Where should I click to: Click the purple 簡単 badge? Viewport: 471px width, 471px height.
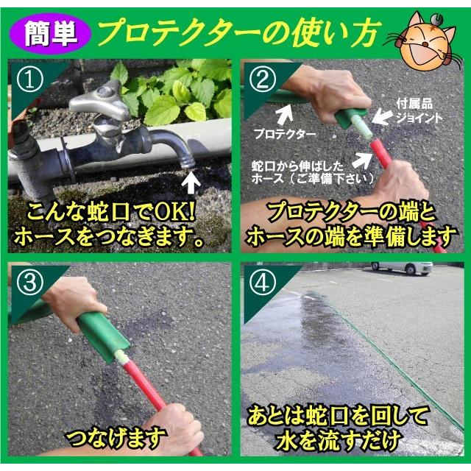(54, 32)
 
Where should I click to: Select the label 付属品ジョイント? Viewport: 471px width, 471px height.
(418, 112)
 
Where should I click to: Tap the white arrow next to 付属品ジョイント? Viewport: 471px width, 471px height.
(380, 116)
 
